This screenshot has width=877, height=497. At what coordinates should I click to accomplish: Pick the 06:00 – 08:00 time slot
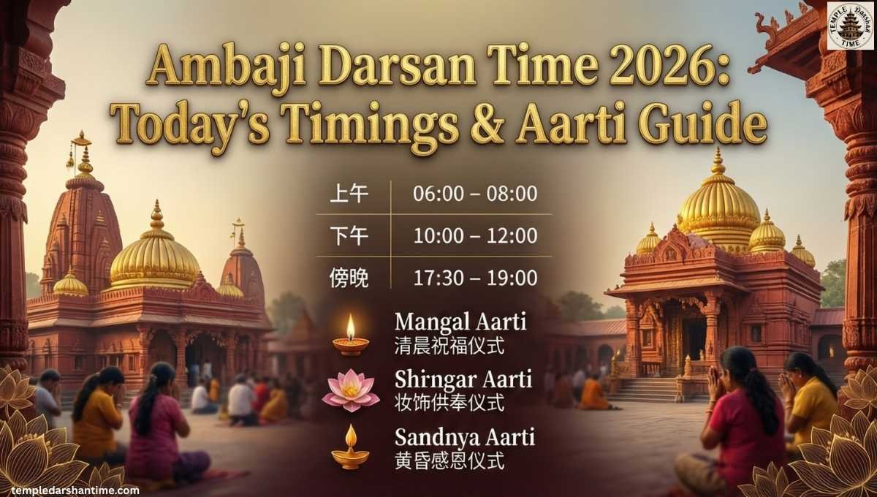475,194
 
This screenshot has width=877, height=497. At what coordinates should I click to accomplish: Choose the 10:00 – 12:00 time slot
475,236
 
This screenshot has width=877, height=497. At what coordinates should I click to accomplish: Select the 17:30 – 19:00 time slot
475,278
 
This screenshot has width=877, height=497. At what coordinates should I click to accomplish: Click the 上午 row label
349,194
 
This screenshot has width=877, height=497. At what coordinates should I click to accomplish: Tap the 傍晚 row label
349,278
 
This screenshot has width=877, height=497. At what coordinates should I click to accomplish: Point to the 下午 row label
349,236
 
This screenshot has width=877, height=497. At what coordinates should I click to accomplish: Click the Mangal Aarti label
460,321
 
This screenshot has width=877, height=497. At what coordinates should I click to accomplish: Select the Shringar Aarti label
460,379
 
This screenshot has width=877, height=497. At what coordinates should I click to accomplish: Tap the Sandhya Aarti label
464,438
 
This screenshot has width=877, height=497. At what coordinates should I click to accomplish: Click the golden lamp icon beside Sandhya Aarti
350,447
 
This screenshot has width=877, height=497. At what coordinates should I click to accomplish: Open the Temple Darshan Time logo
850,26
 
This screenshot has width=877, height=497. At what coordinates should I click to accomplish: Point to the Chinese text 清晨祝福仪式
449,344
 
